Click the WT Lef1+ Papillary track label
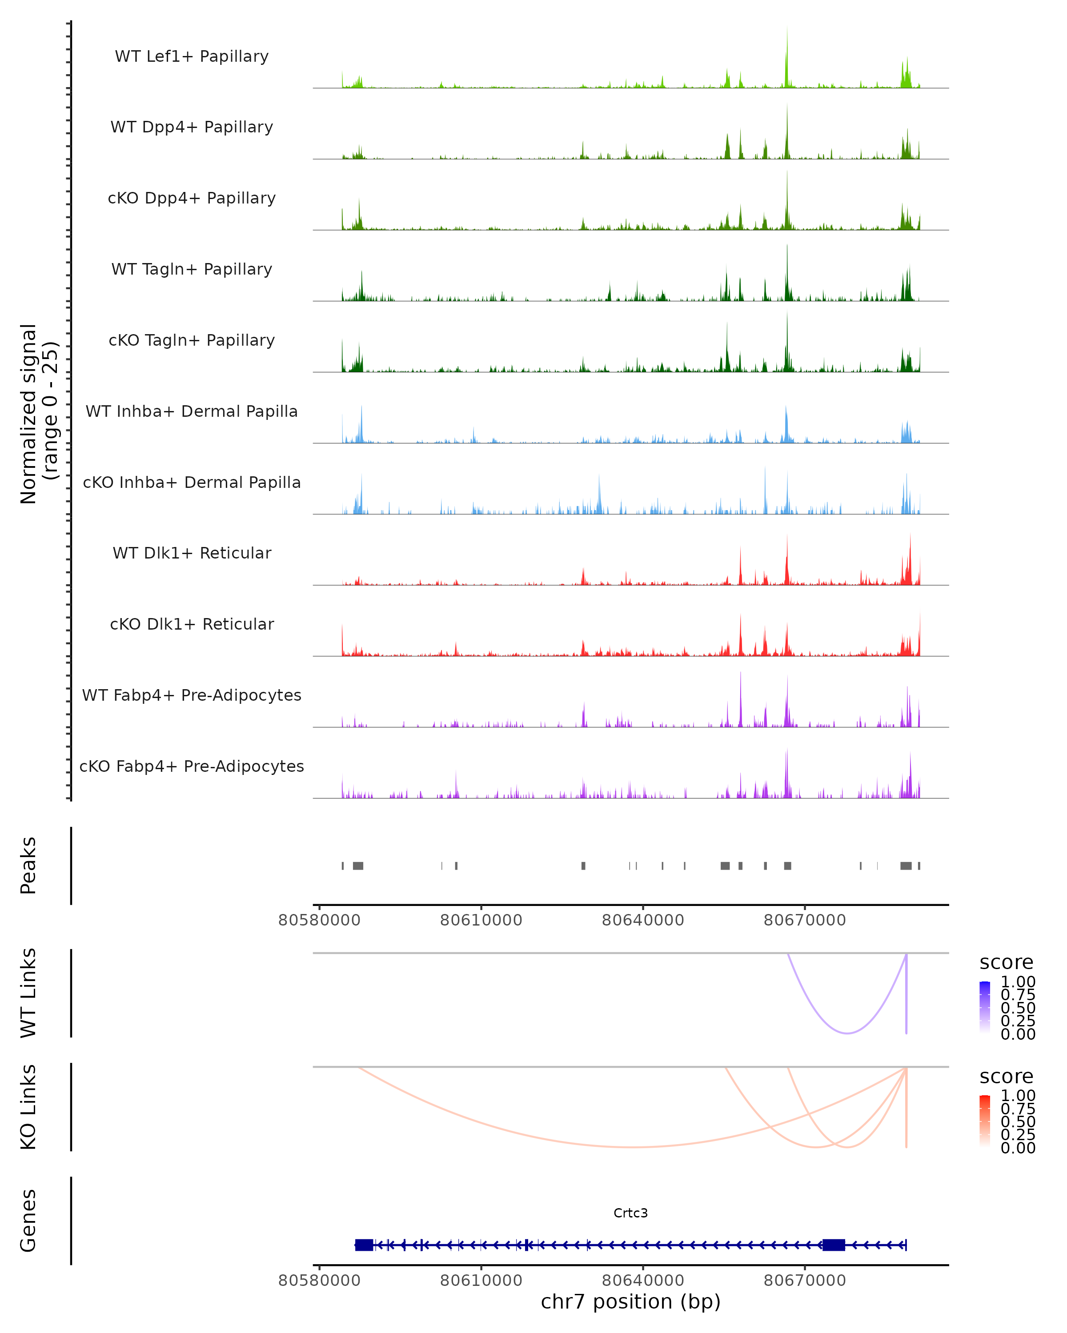[x=192, y=56]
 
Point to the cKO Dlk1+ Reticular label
[x=192, y=624]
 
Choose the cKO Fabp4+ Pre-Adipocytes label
[x=192, y=766]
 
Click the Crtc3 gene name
[x=630, y=1213]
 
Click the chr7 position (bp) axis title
[x=630, y=1301]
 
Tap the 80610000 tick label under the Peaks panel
[x=481, y=920]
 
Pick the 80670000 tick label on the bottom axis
[x=804, y=1281]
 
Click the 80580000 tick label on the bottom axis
[x=319, y=1281]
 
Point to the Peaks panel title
[x=28, y=866]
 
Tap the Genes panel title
[x=28, y=1221]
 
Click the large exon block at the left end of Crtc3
[x=364, y=1245]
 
